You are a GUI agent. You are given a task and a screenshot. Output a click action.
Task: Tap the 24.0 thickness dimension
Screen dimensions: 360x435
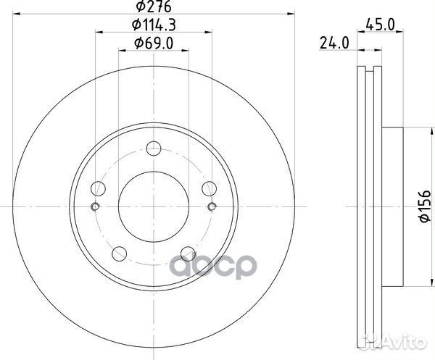pos(336,43)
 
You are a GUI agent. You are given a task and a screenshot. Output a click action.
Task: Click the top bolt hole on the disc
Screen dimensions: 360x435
pos(153,150)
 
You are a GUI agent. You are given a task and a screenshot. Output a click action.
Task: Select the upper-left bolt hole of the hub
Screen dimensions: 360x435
pos(99,189)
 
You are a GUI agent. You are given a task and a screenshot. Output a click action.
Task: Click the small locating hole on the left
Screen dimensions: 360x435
pos(95,207)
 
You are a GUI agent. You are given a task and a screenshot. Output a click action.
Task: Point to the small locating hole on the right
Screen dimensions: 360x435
pos(211,207)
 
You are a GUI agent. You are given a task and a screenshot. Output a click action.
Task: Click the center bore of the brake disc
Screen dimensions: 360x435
pos(153,207)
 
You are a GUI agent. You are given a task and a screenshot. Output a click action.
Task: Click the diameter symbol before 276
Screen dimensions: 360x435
pos(138,8)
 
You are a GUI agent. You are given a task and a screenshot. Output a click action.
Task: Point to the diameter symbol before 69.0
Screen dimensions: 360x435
pos(138,43)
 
